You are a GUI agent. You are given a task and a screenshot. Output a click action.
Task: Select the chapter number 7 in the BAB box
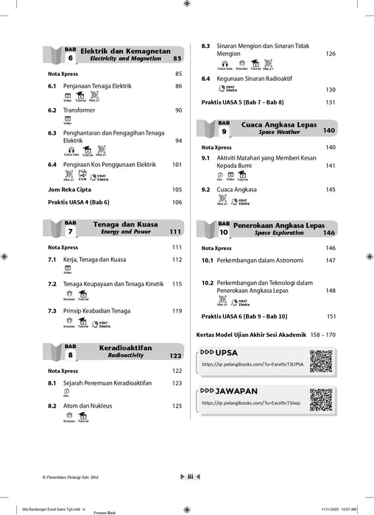coord(71,231)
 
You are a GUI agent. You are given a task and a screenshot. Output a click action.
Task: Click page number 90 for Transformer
coord(177,110)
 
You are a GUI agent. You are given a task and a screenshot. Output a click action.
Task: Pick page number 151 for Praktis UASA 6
coord(331,316)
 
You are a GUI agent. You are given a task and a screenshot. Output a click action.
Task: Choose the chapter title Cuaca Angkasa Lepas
coord(279,125)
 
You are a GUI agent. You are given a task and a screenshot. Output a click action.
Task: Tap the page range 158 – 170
coord(320,335)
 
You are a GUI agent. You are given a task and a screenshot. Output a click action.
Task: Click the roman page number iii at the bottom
coord(190,477)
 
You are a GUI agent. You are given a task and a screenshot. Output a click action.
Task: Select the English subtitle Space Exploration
coord(279,232)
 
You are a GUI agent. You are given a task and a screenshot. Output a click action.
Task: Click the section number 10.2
coord(208,283)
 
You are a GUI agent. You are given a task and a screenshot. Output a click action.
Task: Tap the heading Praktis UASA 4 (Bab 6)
coord(84,202)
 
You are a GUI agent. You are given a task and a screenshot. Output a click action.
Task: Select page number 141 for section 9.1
coord(331,166)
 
